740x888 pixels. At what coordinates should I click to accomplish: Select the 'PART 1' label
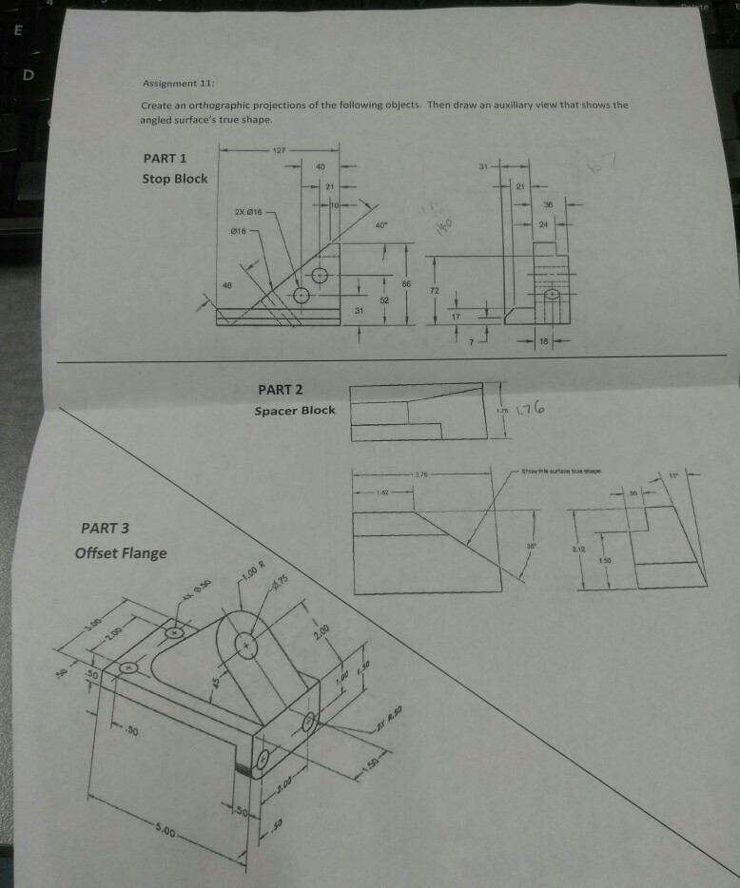(165, 158)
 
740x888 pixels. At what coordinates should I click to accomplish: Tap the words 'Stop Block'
(174, 178)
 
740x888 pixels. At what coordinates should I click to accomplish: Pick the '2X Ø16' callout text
(245, 210)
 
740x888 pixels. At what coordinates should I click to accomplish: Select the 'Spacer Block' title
(294, 411)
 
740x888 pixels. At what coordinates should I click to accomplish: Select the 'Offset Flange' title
(123, 552)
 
